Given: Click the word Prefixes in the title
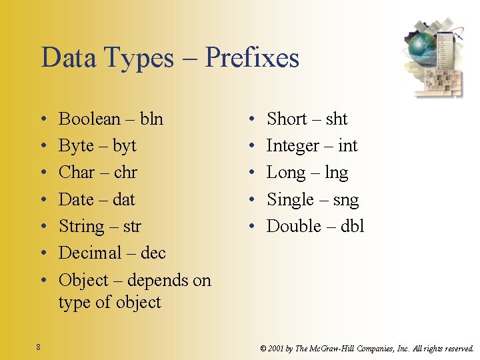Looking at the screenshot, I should (x=252, y=58).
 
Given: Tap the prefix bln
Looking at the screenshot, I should (x=151, y=119).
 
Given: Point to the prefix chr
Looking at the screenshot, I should (x=125, y=173).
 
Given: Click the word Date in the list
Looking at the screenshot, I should (x=77, y=199).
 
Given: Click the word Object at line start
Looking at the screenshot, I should (x=83, y=281).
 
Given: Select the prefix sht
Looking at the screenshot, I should (x=337, y=119).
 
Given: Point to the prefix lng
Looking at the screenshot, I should (x=336, y=173).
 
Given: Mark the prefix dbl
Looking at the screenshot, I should (x=352, y=227).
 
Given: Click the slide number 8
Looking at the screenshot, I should (x=39, y=347).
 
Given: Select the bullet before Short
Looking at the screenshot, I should (x=251, y=119).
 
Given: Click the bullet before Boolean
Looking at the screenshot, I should (x=43, y=119).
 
